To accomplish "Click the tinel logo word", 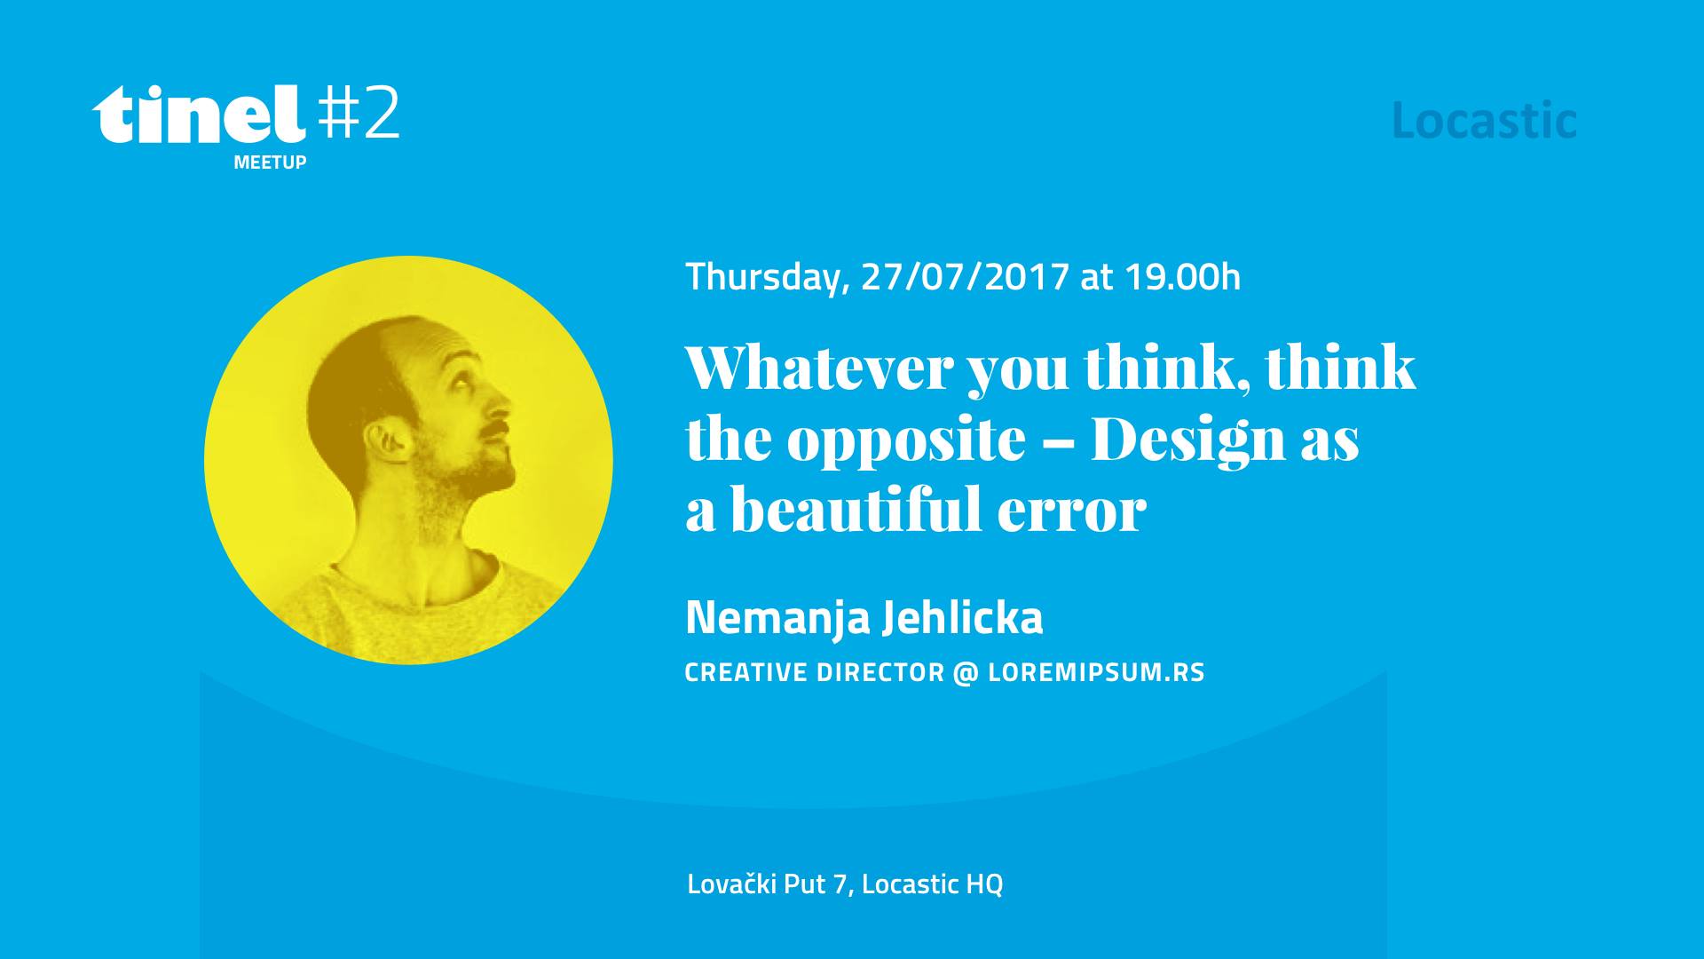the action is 199,115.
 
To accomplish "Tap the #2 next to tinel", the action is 359,113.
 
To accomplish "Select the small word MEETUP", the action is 270,162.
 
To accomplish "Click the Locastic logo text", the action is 1484,121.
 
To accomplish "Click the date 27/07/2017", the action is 965,277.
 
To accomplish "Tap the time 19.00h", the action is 1183,277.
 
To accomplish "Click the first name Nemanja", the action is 777,618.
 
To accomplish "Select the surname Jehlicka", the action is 963,617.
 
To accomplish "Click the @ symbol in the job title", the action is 966,673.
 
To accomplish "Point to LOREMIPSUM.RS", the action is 1096,672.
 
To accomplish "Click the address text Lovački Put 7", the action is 768,884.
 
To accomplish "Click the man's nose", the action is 501,408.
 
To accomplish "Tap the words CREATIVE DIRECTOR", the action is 815,672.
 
